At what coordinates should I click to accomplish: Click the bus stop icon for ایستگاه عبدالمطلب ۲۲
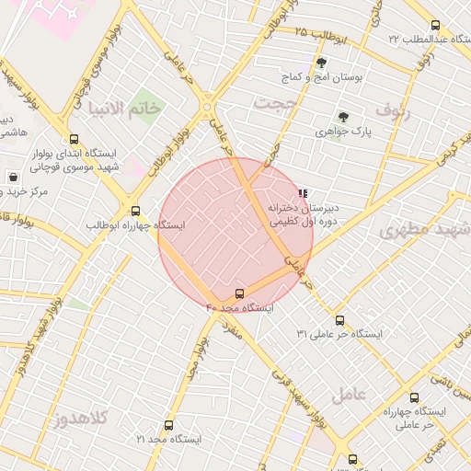[435, 26]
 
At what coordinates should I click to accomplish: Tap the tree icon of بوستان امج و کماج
[320, 63]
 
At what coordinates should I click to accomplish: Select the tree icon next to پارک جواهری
[343, 117]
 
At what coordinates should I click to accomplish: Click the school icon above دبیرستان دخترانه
[303, 193]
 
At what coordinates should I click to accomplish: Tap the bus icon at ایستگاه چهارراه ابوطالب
[136, 210]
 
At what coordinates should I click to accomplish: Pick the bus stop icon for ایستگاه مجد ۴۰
[241, 293]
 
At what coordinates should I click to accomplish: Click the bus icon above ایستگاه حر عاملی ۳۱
[340, 320]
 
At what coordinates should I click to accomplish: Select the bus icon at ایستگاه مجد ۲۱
[167, 425]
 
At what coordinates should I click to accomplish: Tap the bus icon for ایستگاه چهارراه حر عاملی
[413, 397]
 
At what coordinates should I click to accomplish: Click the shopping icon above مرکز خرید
[13, 177]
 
